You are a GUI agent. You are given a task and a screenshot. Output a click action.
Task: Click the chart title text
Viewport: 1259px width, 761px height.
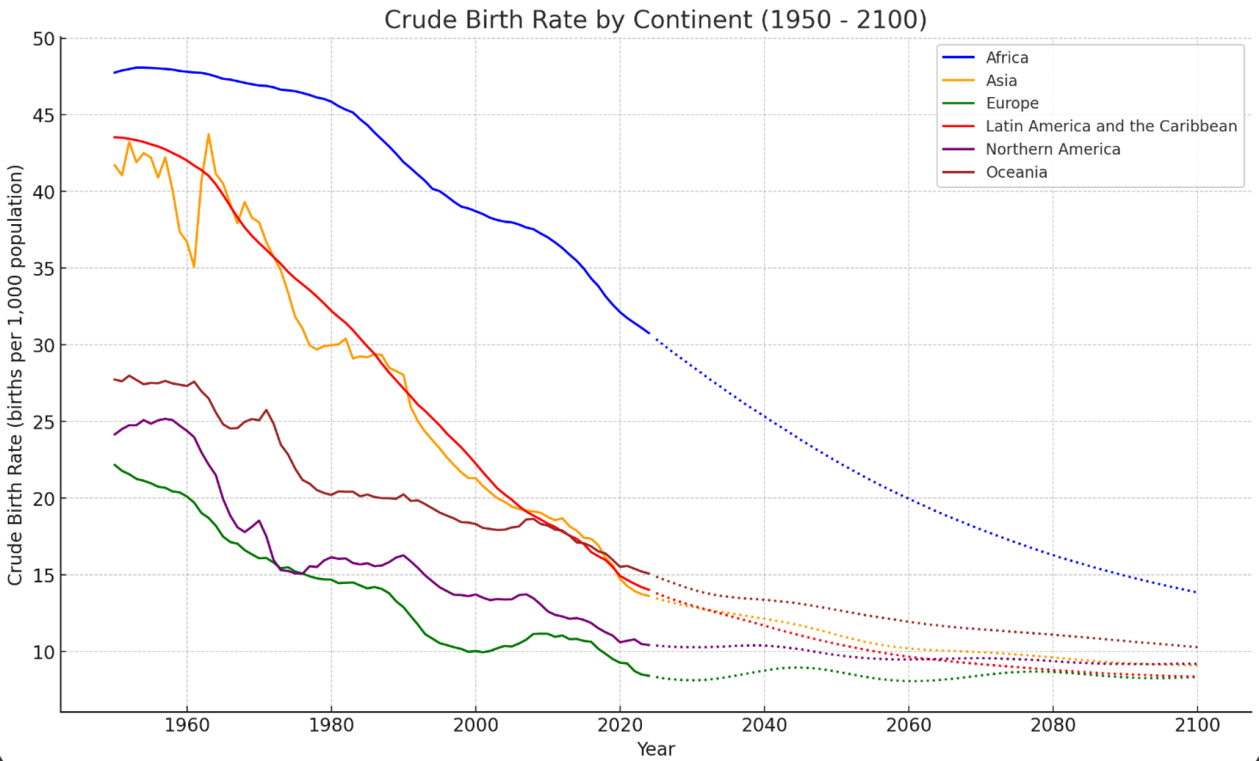tap(655, 20)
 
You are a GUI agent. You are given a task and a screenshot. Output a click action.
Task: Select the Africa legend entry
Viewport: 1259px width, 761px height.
tap(1007, 58)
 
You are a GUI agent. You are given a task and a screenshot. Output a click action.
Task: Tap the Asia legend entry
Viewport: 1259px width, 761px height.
tap(1001, 81)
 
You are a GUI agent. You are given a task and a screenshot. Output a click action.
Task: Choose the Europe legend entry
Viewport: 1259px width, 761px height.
tap(1012, 104)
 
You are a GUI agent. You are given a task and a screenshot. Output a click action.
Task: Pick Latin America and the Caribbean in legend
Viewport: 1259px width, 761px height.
tap(1111, 127)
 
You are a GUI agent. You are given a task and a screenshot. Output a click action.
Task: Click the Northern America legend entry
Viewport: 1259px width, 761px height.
tap(1052, 149)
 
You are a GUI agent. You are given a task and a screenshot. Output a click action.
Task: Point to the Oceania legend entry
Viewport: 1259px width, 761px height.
tap(1016, 172)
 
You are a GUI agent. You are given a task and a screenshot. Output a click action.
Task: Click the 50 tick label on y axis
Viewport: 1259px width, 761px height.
tap(43, 39)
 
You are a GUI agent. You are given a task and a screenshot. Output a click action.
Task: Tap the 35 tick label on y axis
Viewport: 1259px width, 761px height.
tap(43, 269)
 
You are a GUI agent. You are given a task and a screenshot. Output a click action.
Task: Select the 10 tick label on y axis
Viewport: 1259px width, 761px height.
tap(43, 652)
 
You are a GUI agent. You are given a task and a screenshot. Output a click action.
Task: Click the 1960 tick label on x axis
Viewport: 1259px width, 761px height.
tap(187, 726)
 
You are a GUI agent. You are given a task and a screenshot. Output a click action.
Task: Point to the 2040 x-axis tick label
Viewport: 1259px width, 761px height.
tap(764, 726)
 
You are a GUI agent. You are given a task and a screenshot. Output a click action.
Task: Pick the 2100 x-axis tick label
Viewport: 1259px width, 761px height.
tap(1197, 726)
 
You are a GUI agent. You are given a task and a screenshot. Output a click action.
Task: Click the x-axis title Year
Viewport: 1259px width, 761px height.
tap(656, 749)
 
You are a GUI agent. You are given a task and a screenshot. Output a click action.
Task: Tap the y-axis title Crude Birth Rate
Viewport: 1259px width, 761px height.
tap(15, 374)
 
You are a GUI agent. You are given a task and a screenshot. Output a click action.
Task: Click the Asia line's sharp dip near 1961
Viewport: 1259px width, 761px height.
tap(194, 266)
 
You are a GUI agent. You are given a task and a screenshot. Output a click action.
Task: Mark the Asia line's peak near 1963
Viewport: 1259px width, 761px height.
tap(209, 134)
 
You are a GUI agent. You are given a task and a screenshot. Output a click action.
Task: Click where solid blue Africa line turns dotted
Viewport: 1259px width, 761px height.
tap(649, 333)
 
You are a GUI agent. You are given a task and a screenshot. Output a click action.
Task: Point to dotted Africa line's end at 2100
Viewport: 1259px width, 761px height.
tap(1197, 593)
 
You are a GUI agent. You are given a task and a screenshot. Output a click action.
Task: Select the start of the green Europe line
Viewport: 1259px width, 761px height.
tap(115, 465)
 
